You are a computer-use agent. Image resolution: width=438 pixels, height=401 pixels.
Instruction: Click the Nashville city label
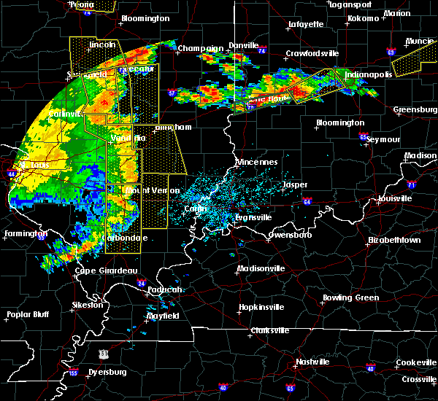coord(312,362)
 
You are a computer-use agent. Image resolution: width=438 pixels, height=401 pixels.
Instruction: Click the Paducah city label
coord(162,289)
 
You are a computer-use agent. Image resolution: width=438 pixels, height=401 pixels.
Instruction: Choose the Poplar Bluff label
coord(26,315)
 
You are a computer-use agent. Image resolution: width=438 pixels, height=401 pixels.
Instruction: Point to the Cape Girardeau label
coord(107,270)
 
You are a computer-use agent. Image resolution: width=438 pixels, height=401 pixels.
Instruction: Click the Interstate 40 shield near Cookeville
coord(370,369)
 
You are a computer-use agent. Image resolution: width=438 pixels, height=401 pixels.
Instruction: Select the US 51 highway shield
coord(106,353)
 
